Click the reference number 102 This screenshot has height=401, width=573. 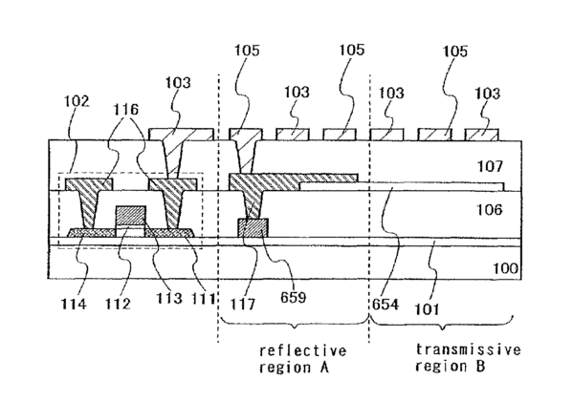point(77,101)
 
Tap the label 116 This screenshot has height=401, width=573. point(126,109)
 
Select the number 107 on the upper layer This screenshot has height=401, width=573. point(490,166)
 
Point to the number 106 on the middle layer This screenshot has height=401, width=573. point(490,209)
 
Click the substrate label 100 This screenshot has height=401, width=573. point(506,268)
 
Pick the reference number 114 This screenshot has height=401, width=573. point(74,304)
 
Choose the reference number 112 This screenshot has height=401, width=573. point(118,304)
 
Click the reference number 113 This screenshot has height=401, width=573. point(169,299)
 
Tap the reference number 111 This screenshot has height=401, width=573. point(203,299)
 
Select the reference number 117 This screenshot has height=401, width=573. point(243,304)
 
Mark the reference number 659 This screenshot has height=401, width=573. point(293,298)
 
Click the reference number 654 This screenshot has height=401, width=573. point(386,304)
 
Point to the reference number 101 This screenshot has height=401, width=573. point(427,309)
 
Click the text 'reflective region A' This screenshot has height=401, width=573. point(302,359)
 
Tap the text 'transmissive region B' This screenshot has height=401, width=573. point(468,358)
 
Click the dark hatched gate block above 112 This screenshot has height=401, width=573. point(130,217)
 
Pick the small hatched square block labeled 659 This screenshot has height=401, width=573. point(253,228)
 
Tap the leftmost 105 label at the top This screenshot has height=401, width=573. point(247,50)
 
